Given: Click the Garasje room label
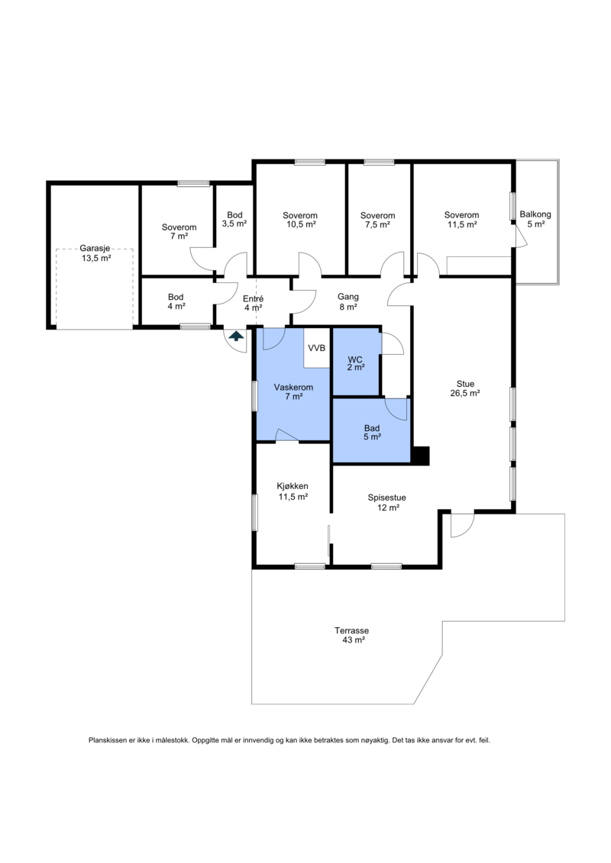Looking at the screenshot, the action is pyautogui.click(x=96, y=253).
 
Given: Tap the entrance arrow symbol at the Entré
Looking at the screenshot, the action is pyautogui.click(x=236, y=336).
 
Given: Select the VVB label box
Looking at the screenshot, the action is pyautogui.click(x=317, y=348).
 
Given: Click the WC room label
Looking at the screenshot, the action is pyautogui.click(x=355, y=363).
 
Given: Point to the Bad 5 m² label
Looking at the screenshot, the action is pyautogui.click(x=372, y=433).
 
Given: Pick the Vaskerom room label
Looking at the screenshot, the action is pyautogui.click(x=293, y=392).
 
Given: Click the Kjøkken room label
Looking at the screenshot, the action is pyautogui.click(x=293, y=491).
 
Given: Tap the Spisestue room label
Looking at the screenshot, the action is pyautogui.click(x=387, y=503).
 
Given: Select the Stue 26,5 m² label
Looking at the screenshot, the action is pyautogui.click(x=466, y=388).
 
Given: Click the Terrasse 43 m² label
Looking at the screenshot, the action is pyautogui.click(x=352, y=635).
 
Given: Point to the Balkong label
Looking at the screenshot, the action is pyautogui.click(x=535, y=219).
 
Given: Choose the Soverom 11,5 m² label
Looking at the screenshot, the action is pyautogui.click(x=462, y=220).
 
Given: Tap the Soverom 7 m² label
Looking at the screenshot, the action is pyautogui.click(x=179, y=232).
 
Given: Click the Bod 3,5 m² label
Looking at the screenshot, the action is pyautogui.click(x=234, y=220).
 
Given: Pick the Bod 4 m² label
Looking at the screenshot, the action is pyautogui.click(x=176, y=301).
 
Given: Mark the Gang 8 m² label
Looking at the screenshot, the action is pyautogui.click(x=348, y=301).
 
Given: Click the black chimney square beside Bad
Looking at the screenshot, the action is pyautogui.click(x=422, y=456).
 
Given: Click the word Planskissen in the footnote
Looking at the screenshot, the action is pyautogui.click(x=108, y=740).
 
